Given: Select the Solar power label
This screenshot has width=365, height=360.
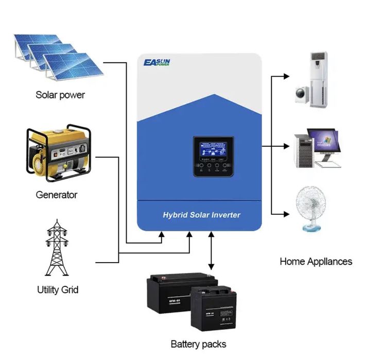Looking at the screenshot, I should (60, 95).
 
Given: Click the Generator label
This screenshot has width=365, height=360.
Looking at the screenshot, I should (57, 195).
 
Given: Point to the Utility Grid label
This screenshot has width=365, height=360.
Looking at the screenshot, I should (58, 289).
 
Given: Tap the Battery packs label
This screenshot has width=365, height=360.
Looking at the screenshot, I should (198, 344).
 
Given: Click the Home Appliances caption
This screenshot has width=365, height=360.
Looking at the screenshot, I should (316, 261).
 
